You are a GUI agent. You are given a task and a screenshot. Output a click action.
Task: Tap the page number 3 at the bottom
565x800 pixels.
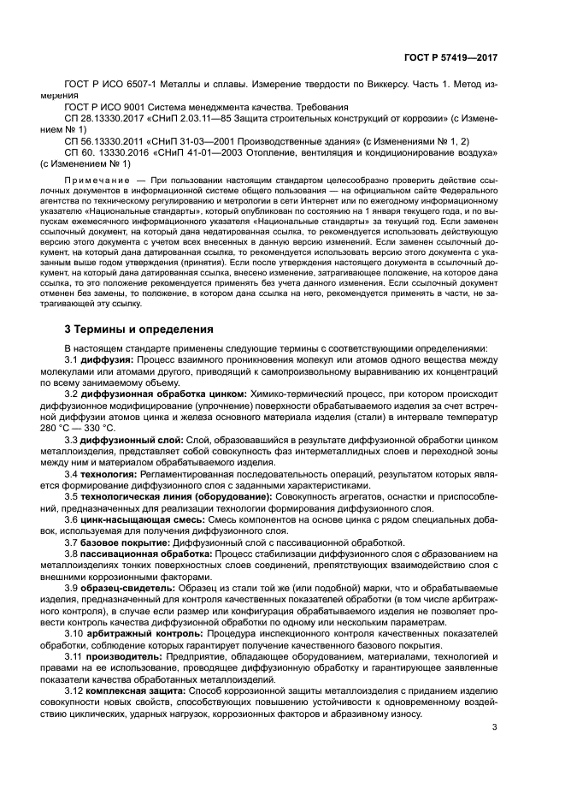tap(494, 727)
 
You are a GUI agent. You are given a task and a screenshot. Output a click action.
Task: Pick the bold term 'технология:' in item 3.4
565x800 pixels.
tap(110, 472)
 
